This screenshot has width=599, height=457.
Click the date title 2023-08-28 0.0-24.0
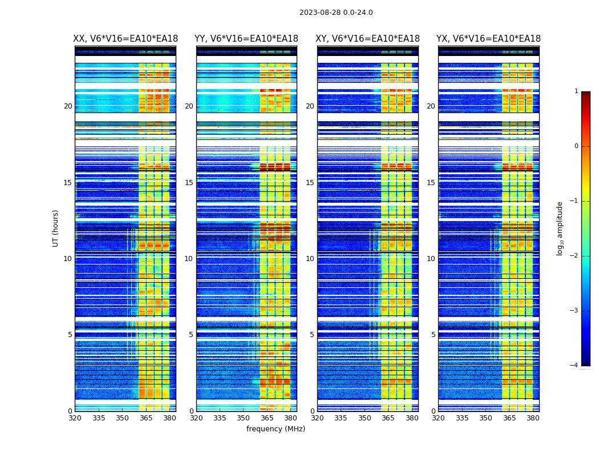[x=336, y=13]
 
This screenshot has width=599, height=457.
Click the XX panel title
[x=126, y=39]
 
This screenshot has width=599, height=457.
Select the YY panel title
[x=246, y=39]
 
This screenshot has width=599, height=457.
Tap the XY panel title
[x=368, y=39]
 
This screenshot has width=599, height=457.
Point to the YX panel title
[x=488, y=39]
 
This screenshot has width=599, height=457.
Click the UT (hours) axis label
[x=55, y=228]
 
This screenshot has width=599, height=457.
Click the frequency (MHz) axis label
[x=276, y=429]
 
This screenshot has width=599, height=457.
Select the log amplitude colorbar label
[x=560, y=228]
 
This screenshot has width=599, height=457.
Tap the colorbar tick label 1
[x=576, y=91]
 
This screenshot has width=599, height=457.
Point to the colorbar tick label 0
[x=576, y=146]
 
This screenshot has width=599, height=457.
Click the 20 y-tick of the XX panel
[x=68, y=106]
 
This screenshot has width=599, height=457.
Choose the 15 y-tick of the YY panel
[x=189, y=183]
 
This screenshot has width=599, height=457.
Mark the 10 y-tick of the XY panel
[x=310, y=259]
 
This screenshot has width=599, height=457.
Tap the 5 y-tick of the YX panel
[x=433, y=335]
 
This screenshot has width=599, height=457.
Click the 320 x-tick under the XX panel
[x=75, y=418]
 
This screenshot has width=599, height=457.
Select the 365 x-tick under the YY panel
[x=267, y=418]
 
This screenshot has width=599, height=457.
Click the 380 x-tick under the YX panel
[x=533, y=418]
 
